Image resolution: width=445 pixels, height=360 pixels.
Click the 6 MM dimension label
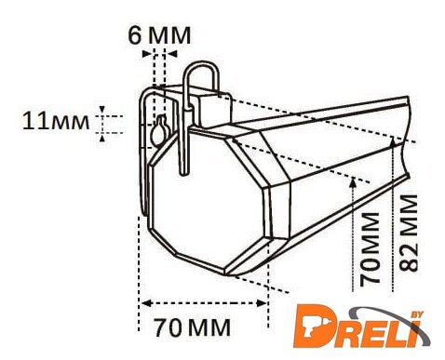[x=159, y=35]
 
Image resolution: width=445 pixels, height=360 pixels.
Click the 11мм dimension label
[x=56, y=121]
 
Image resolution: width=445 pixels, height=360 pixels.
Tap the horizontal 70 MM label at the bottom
[x=193, y=327]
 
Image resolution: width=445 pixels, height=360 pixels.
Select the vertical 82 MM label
[x=408, y=233]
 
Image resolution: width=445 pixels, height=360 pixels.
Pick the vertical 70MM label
[x=371, y=248]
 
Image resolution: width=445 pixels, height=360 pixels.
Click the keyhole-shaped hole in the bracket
[x=160, y=130]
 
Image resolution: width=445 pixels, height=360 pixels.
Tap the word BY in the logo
[x=417, y=314]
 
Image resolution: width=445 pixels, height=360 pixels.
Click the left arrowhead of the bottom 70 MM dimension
[x=146, y=303]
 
